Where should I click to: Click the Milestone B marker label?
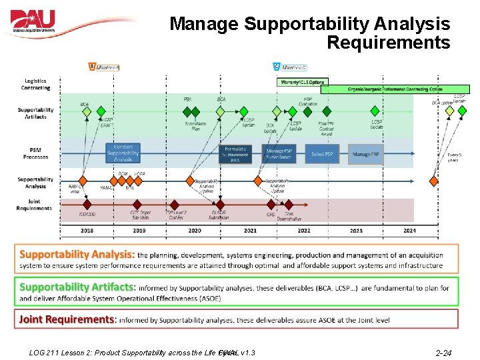point(105,67)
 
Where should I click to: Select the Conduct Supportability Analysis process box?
point(123,153)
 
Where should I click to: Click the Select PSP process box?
point(323,154)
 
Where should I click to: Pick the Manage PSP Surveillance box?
point(279,154)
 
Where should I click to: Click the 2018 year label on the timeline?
point(87,231)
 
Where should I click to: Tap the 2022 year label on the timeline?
point(303,231)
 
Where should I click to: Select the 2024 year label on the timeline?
point(409,231)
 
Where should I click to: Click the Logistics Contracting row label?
point(35,85)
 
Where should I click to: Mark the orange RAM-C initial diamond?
point(83,180)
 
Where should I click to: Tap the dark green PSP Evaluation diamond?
point(309,111)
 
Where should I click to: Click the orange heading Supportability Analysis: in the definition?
point(77,255)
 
